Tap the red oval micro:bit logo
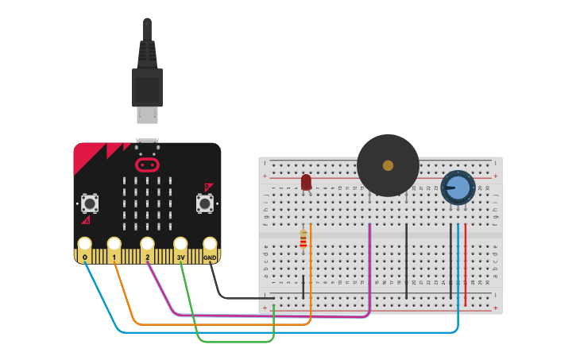coord(147,165)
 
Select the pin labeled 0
coord(84,246)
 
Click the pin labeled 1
coord(114,246)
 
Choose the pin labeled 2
coord(147,246)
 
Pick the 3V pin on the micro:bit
coord(180,246)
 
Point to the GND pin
coord(210,246)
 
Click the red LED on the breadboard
coord(306,183)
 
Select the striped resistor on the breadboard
coord(303,238)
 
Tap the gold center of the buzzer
coord(388,165)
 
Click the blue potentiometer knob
coord(458,188)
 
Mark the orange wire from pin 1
coord(222,324)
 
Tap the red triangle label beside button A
coord(86,220)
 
